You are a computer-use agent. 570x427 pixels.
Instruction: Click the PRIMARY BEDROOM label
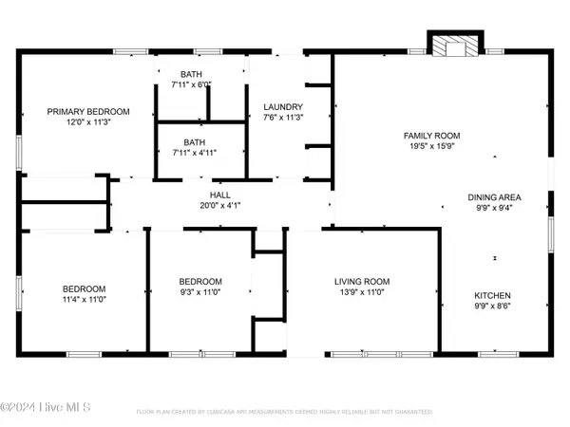[x=88, y=111]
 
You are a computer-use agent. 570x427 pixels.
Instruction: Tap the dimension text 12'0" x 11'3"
[x=88, y=122]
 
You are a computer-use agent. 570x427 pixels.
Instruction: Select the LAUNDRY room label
[x=283, y=106]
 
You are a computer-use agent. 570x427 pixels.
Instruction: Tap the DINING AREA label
[x=494, y=197]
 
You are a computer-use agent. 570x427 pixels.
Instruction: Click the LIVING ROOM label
[x=362, y=281]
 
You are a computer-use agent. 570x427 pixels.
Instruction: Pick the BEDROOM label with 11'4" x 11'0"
[x=85, y=288]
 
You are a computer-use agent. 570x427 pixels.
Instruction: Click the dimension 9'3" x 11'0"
[x=200, y=293]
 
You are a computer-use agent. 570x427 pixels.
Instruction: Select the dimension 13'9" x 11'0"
[x=362, y=293]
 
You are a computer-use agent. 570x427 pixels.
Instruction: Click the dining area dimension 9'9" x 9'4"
[x=494, y=209]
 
